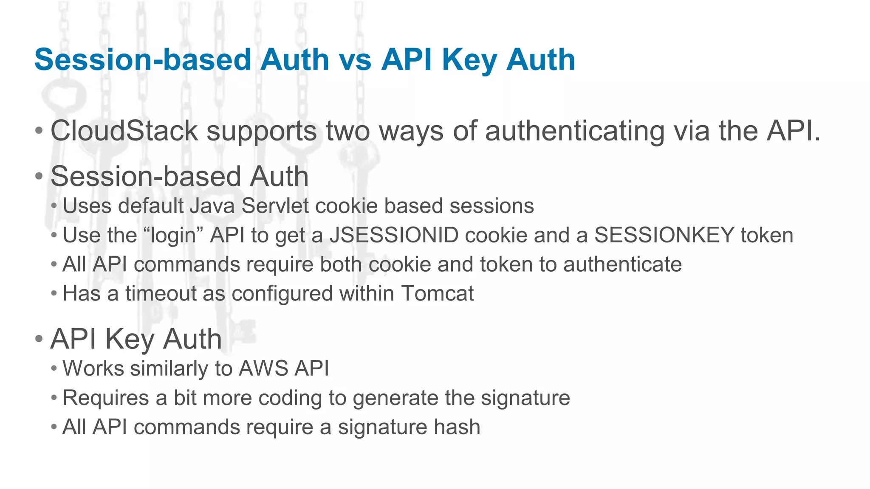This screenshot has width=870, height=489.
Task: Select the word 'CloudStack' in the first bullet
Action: tap(124, 131)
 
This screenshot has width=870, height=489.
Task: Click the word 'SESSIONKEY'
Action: tap(664, 236)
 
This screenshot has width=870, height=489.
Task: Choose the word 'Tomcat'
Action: tap(437, 294)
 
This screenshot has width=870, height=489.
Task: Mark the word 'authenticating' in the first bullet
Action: tap(575, 131)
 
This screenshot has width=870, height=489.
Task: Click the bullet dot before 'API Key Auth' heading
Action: tap(39, 339)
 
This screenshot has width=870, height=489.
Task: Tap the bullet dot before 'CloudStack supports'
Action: tap(39, 130)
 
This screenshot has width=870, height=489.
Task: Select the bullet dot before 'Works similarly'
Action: tap(54, 368)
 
